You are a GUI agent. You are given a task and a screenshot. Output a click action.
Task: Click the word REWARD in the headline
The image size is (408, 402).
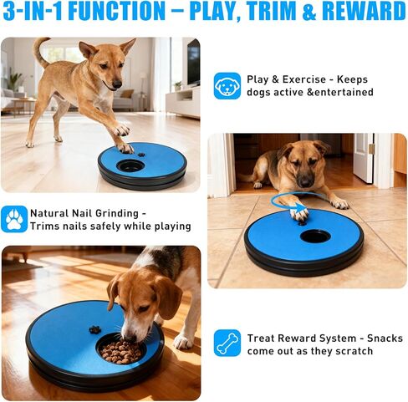364,11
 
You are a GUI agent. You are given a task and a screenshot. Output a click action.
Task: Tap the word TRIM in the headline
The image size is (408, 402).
271,11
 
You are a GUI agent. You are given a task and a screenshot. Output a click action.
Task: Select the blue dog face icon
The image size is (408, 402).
227,86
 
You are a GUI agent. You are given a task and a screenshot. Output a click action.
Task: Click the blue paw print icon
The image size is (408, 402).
14,219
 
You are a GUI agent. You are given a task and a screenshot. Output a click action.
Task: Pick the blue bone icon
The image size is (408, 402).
227,343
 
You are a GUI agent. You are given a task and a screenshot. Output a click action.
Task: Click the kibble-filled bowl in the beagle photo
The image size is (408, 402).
120,350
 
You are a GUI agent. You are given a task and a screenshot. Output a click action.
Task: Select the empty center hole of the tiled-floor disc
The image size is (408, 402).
315,237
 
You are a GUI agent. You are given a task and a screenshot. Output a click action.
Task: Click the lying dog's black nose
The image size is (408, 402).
305,181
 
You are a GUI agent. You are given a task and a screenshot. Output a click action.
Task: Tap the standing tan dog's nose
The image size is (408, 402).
117,84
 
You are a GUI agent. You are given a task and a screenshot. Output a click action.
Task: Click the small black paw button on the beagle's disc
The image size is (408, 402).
94,329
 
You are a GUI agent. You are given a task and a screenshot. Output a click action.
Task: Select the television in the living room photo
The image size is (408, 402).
193,63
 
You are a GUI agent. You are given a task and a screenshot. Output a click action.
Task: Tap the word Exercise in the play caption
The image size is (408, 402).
304,79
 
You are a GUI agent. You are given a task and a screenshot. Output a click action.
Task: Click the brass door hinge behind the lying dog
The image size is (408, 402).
371,149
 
